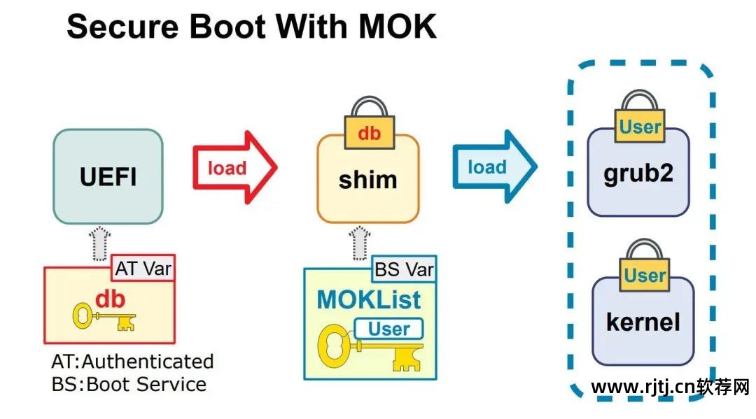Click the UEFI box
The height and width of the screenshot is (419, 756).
tap(108, 176)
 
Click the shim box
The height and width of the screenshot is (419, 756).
tap(367, 179)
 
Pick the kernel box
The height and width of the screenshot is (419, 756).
tap(643, 322)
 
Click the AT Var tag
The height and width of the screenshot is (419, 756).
tap(143, 267)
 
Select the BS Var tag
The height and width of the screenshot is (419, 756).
tap(404, 269)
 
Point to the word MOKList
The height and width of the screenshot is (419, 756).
tap(369, 299)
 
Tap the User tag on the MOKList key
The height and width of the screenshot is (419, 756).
tap(388, 328)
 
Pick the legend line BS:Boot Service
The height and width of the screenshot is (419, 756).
tap(129, 384)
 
